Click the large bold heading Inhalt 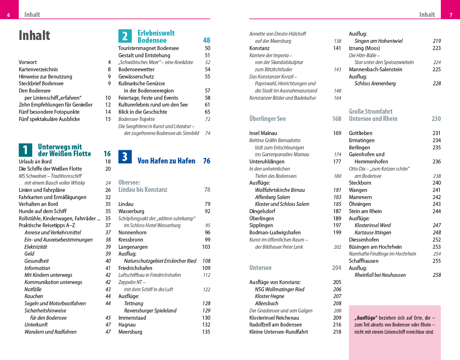click(35, 36)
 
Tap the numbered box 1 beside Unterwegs click(25, 150)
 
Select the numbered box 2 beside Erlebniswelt click(125, 36)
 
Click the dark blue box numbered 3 click(125, 157)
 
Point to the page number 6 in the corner click(9, 15)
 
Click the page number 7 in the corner click(451, 15)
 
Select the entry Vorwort click(28, 62)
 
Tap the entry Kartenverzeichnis click(38, 69)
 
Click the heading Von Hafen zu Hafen click(166, 161)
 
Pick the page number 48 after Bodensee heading click(206, 40)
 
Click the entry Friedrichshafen click(135, 268)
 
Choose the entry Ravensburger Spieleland click(150, 310)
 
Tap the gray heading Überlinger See click(268, 119)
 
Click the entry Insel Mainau click(263, 133)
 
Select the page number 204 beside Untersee click(336, 268)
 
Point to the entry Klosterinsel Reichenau click(274, 318)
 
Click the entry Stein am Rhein click(365, 211)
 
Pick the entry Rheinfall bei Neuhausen click(380, 275)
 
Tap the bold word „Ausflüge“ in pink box click(366, 318)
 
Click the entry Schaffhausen click(364, 261)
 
